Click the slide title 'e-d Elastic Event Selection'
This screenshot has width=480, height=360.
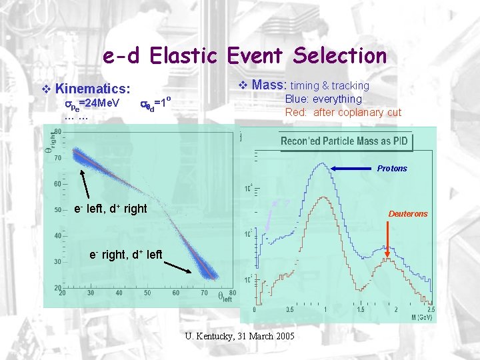click(x=245, y=55)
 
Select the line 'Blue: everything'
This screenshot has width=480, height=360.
click(x=323, y=99)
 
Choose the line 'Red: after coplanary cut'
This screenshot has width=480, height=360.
click(x=343, y=112)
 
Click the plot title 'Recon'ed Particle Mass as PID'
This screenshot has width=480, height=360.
click(x=344, y=141)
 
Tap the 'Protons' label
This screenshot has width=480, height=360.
click(x=391, y=168)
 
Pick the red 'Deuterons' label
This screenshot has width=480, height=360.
click(x=408, y=213)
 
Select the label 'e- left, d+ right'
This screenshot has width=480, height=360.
click(x=111, y=209)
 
